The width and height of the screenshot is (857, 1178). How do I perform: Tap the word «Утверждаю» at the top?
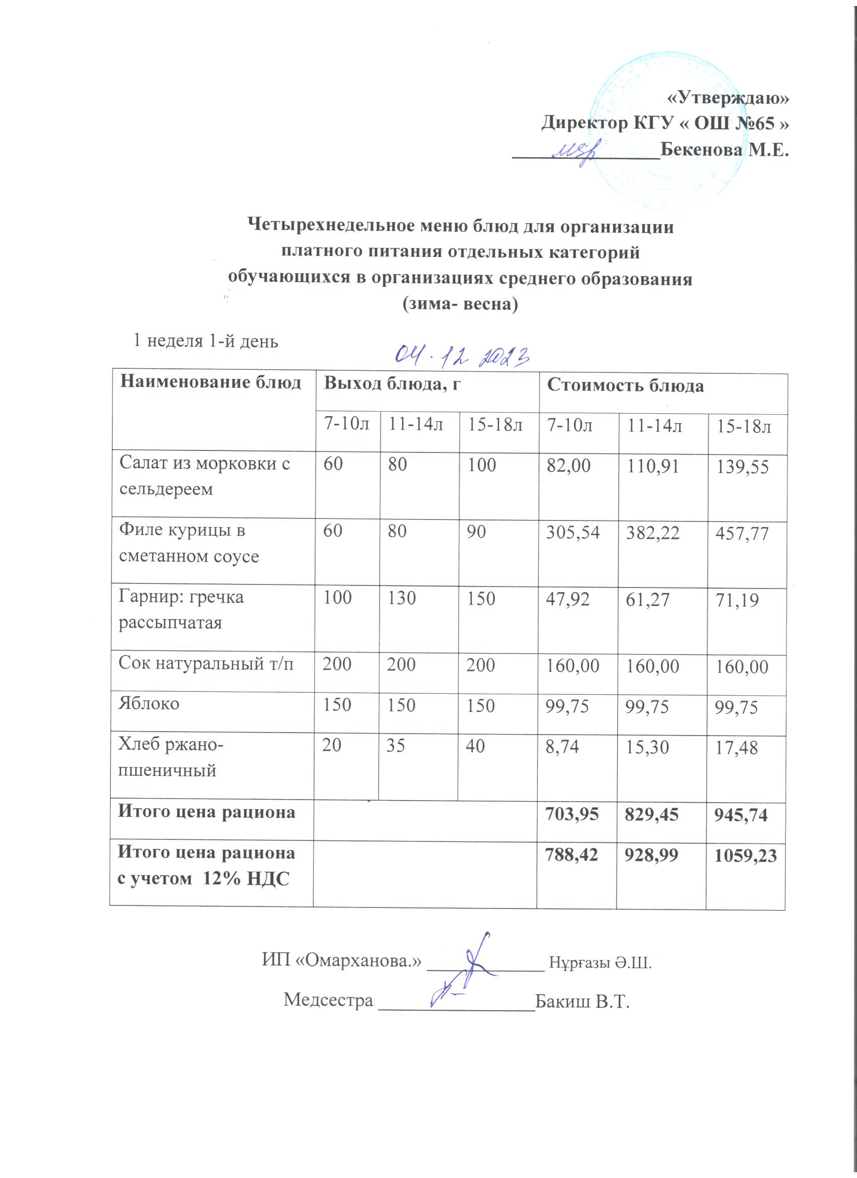tap(727, 98)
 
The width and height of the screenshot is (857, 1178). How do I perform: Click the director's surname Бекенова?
tap(701, 150)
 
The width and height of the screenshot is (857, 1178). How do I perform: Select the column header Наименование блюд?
tap(211, 383)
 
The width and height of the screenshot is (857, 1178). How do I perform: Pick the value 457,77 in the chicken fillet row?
tap(742, 534)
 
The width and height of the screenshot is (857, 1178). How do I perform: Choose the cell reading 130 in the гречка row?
tap(401, 598)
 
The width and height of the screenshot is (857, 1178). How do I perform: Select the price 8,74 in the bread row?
tap(562, 746)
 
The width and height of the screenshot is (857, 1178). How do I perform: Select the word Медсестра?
tap(328, 999)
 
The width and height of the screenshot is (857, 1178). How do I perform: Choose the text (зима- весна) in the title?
tap(460, 304)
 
